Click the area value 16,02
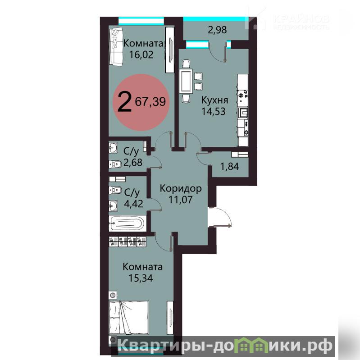click(x=141, y=55)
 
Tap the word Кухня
click(x=214, y=100)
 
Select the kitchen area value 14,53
click(x=214, y=111)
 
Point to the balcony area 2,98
click(x=217, y=30)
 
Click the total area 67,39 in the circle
click(x=150, y=101)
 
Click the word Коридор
click(x=181, y=188)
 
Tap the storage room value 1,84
click(x=230, y=166)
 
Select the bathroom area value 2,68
click(x=133, y=163)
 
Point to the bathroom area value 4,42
click(x=134, y=204)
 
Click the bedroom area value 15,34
click(x=141, y=278)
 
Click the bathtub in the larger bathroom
click(x=127, y=223)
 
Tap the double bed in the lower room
click(x=128, y=318)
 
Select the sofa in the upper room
click(x=116, y=46)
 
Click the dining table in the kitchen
click(x=186, y=81)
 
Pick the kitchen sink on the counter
click(x=243, y=113)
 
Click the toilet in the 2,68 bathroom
click(x=115, y=164)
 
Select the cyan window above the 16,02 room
click(x=141, y=21)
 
